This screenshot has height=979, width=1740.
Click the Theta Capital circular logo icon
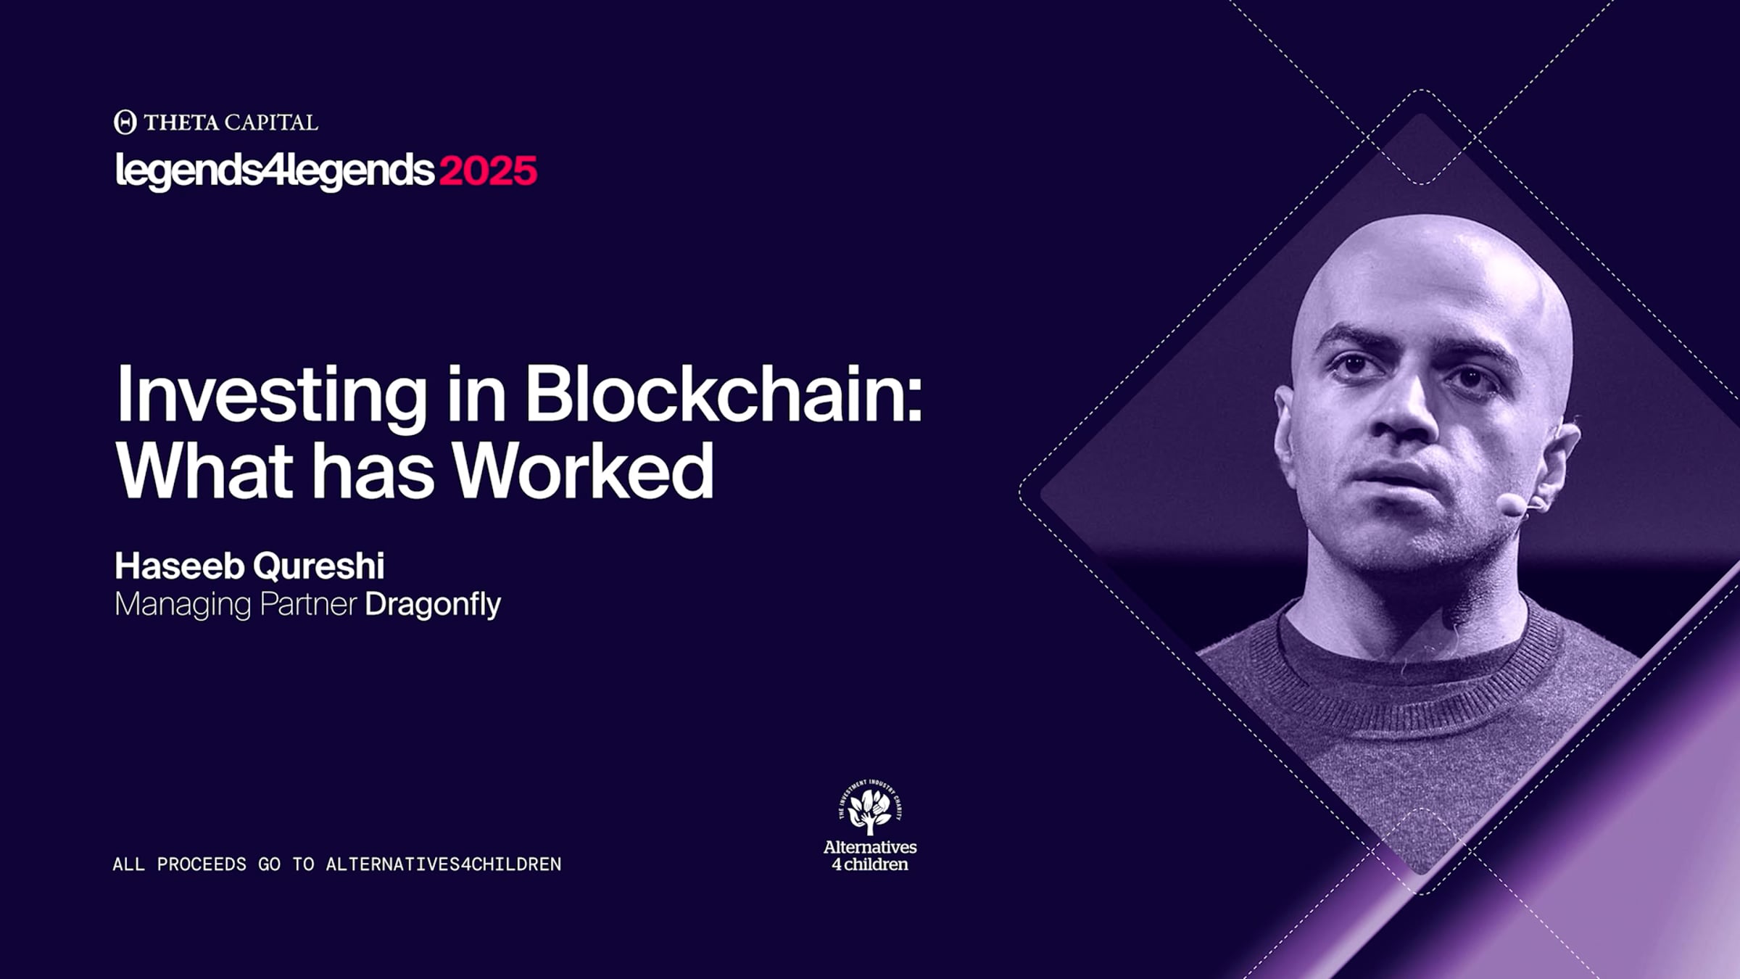pos(125,122)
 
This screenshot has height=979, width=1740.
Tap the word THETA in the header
pos(179,123)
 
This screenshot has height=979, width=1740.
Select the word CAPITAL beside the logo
pos(270,123)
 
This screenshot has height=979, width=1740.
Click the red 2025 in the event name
pos(488,171)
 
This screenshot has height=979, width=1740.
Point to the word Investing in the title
pos(271,396)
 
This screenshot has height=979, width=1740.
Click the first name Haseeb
pos(179,566)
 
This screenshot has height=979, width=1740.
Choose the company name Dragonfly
pos(432,605)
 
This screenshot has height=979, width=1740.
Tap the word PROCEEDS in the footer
pos(202,864)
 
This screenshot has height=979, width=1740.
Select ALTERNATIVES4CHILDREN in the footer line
pos(444,864)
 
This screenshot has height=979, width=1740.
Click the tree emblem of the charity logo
pos(870,808)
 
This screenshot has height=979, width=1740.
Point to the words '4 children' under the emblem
pos(870,864)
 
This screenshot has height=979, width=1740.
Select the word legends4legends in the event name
pos(275,171)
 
